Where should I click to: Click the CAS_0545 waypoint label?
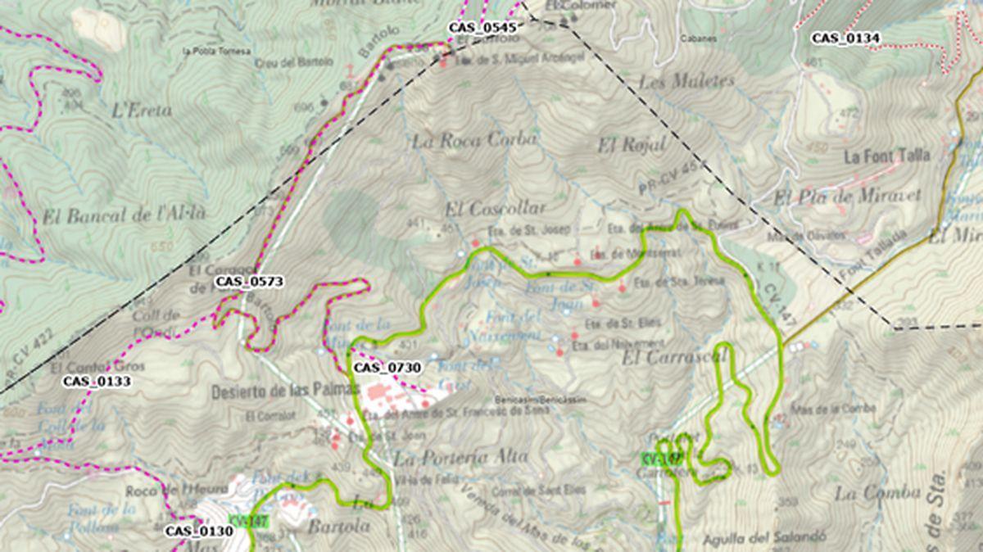coord(482,28)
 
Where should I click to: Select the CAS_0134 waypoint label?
coord(845,38)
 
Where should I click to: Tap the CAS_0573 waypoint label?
coord(249,282)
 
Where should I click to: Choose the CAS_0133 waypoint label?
coord(97,381)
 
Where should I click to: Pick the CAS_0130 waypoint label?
coord(199,531)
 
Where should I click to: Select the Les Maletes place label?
coord(686,82)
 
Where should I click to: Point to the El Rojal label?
coord(631,146)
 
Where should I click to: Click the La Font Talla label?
coord(887,156)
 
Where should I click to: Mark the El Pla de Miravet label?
coord(847,197)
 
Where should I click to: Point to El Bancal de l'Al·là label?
coord(124,215)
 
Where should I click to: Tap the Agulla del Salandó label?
coord(763,540)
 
